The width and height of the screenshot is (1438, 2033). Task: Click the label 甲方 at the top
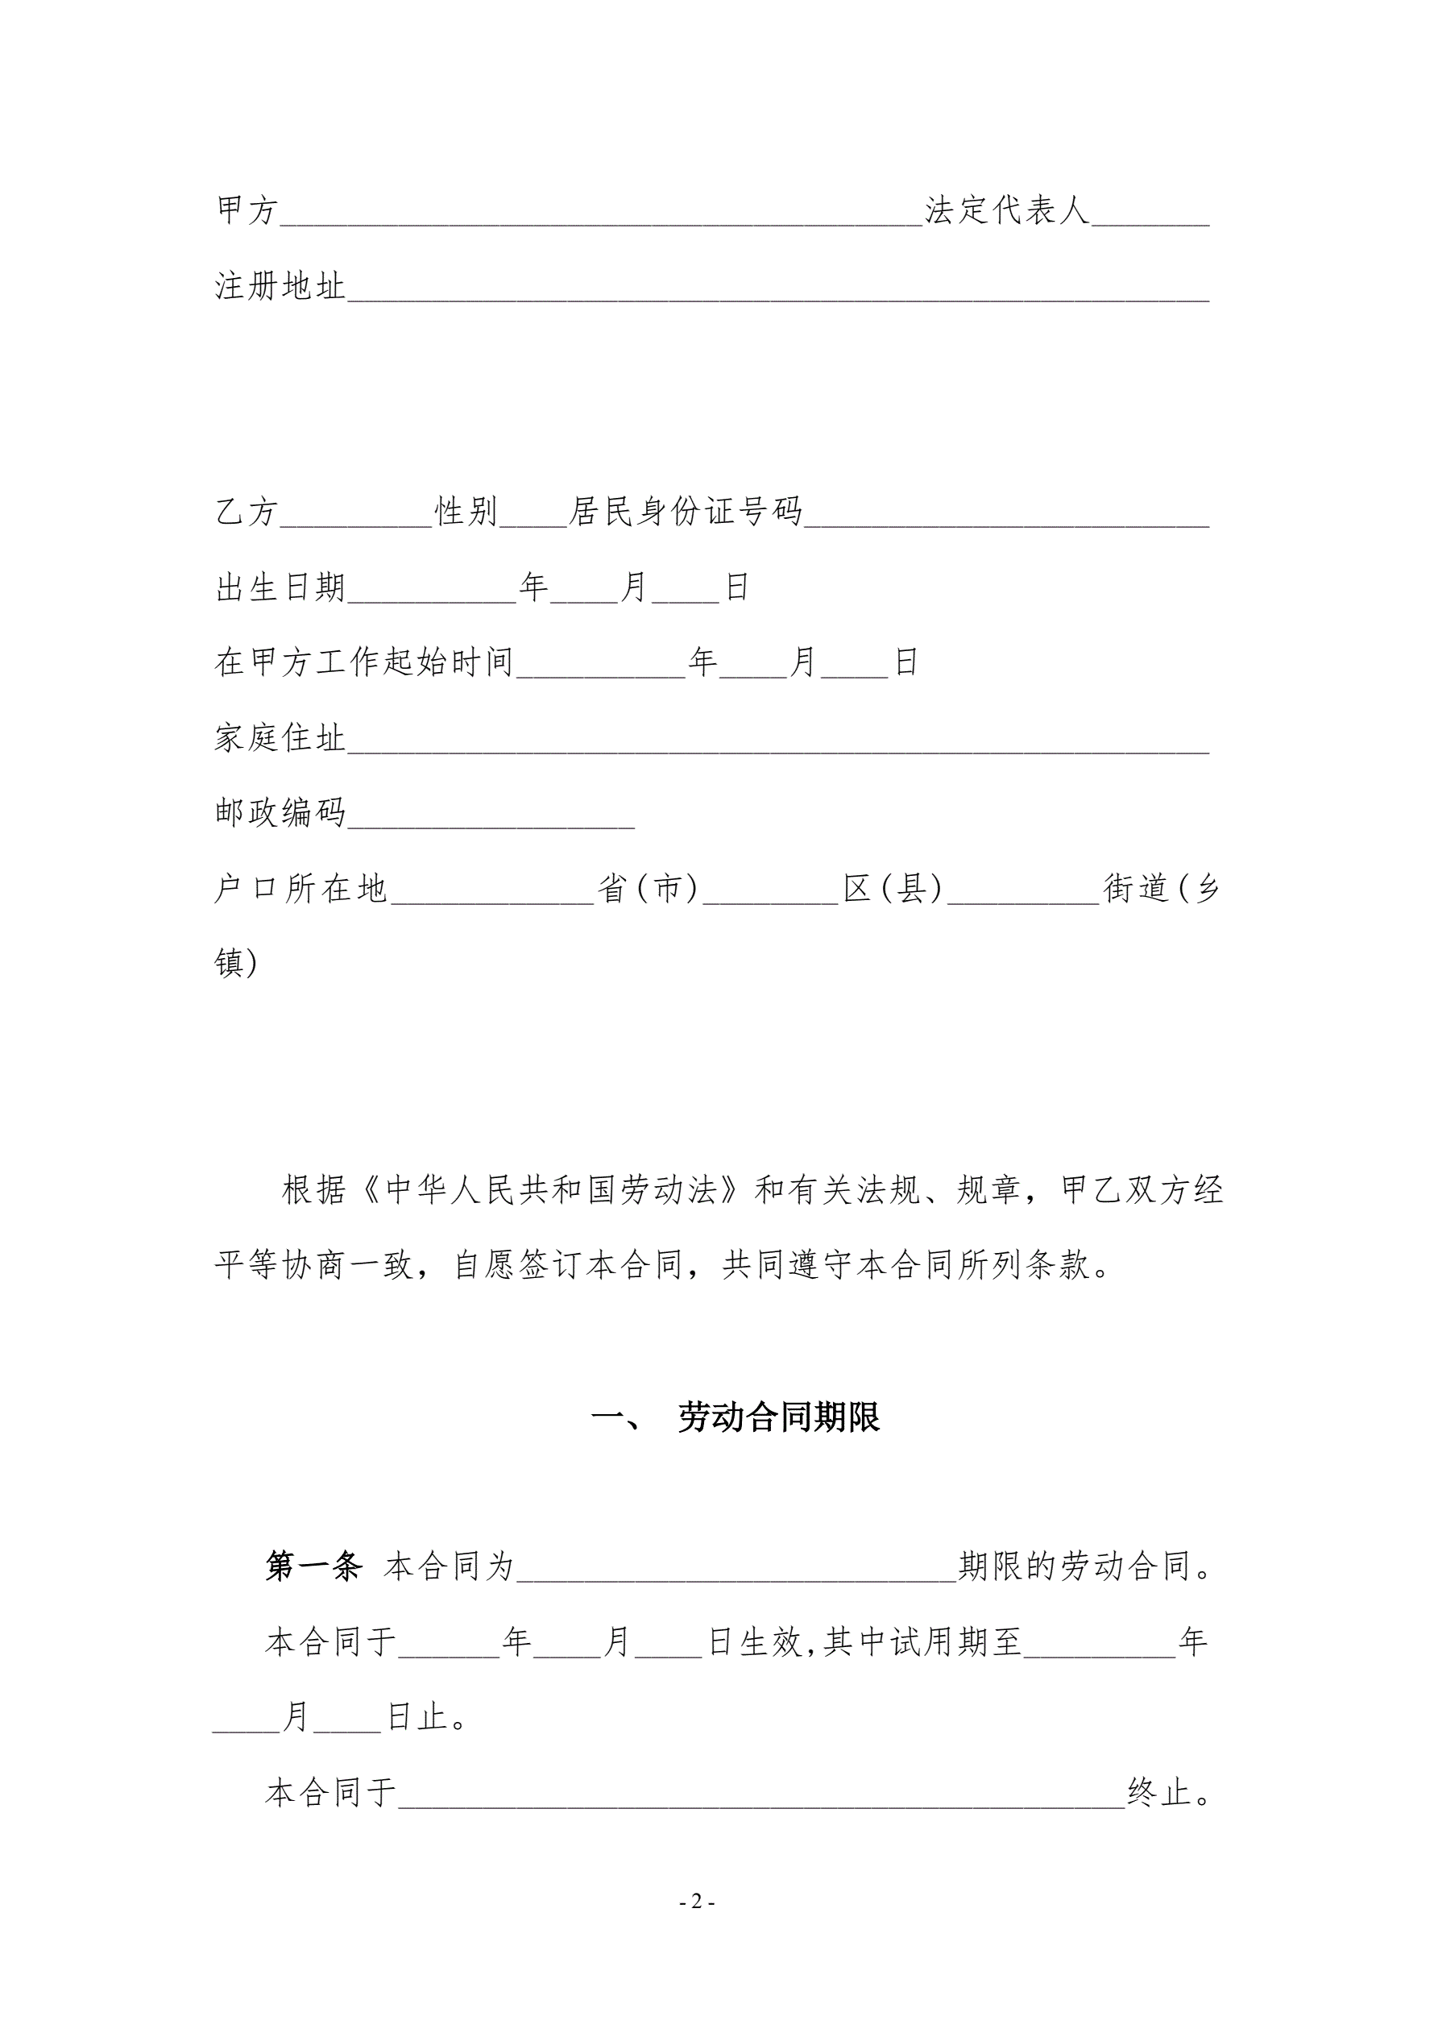point(247,211)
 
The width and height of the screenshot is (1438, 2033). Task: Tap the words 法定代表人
point(1007,211)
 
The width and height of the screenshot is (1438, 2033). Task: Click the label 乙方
point(247,512)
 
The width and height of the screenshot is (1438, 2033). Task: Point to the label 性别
point(466,512)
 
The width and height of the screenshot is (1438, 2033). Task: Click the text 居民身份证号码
point(686,512)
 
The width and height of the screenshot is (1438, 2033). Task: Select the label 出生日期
point(280,587)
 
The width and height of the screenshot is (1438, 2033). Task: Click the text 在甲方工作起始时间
point(364,662)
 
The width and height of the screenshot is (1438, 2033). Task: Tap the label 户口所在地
point(301,888)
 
